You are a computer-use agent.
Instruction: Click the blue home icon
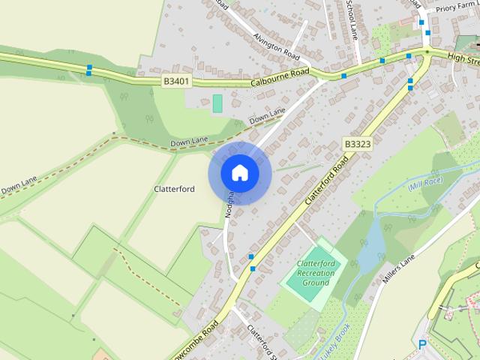[239, 172]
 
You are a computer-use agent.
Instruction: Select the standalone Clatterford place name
[174, 189]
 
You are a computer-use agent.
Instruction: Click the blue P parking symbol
[422, 345]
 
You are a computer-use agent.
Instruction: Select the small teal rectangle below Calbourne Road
[217, 103]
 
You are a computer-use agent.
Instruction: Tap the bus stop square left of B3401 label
[89, 69]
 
